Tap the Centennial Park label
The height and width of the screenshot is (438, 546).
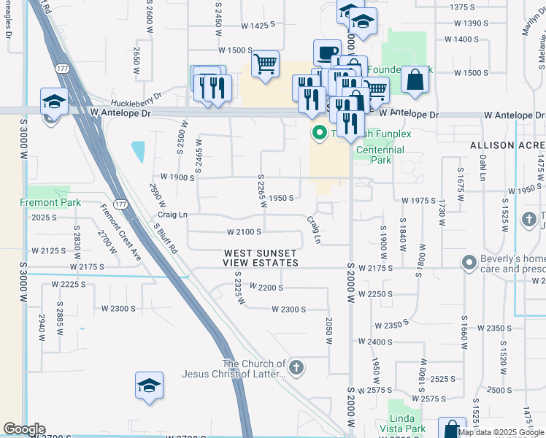[380, 155]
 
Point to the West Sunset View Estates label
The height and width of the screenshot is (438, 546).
[261, 258]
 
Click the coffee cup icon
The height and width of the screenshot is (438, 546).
[326, 53]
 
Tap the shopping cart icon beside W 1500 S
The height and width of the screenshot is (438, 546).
[265, 64]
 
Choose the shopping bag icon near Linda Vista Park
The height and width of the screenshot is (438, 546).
[451, 429]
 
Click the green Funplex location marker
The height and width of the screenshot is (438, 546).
[319, 133]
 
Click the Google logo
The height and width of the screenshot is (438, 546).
[24, 429]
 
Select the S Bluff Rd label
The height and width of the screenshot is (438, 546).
[166, 237]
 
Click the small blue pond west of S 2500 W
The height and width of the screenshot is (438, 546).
[138, 151]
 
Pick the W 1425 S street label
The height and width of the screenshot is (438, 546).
[258, 25]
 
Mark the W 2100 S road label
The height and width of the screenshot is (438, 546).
[244, 232]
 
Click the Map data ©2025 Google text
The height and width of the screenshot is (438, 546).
[501, 432]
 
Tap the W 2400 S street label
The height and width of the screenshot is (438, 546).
[385, 342]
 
